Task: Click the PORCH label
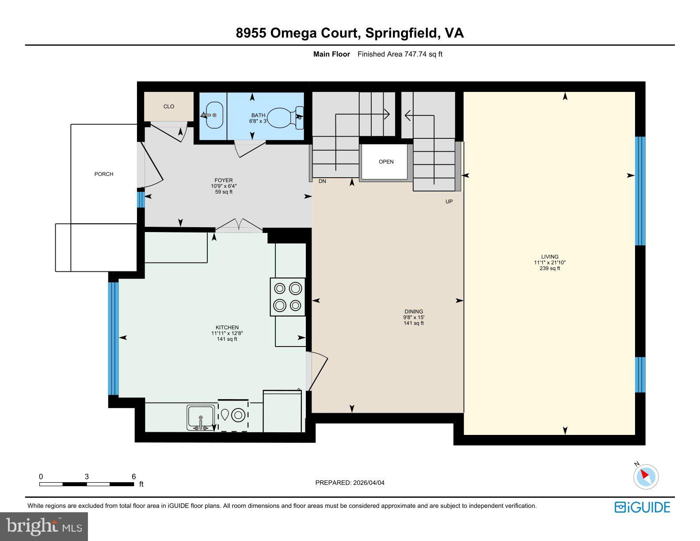[104, 174]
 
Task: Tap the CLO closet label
[169, 107]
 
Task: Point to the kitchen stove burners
[288, 297]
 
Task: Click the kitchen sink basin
[200, 416]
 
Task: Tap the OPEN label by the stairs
[386, 162]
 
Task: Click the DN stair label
[322, 181]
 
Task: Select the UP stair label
[449, 202]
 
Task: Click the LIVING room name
[550, 257]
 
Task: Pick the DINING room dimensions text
[414, 317]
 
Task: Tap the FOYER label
[224, 180]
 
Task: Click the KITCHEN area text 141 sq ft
[227, 339]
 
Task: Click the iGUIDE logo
[642, 507]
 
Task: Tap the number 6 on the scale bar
[133, 476]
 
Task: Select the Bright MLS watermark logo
[44, 526]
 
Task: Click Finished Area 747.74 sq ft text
[399, 54]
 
